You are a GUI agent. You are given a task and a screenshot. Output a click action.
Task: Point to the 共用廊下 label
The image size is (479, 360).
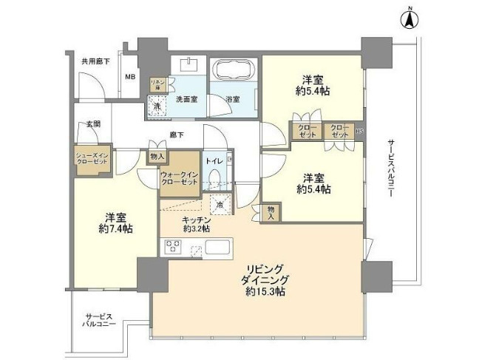click(x=95, y=61)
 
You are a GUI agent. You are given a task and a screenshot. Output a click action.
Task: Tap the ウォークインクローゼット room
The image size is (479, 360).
click(x=179, y=178)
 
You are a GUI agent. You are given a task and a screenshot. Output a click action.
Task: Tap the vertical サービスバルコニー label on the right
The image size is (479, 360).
click(x=390, y=169)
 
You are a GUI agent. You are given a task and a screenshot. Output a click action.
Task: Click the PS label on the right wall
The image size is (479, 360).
click(x=360, y=133)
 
